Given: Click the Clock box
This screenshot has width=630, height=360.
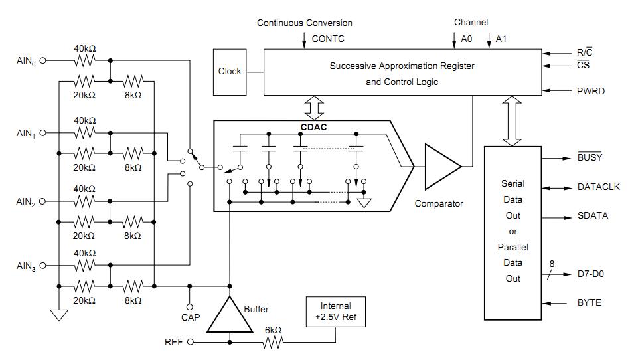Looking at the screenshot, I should click(230, 71).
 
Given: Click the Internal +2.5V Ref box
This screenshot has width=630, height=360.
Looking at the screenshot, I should click(335, 311).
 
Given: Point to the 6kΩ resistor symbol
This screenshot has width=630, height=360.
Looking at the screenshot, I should click(274, 343).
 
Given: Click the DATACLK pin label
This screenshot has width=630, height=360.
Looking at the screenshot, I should click(598, 188).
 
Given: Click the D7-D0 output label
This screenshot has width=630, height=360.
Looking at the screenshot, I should click(591, 274).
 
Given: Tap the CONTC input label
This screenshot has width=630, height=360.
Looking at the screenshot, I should click(328, 39).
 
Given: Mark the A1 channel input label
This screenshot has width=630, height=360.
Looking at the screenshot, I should click(501, 39).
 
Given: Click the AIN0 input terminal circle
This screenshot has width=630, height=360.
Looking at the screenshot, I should click(44, 60).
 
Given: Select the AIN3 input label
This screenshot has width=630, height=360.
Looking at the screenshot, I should click(25, 266).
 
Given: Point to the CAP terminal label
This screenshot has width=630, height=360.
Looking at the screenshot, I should click(191, 317).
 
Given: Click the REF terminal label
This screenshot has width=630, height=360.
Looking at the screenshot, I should click(174, 343).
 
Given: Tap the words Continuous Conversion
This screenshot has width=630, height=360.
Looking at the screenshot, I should click(305, 23).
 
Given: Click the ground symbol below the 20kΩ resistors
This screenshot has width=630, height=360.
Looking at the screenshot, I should click(59, 314).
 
